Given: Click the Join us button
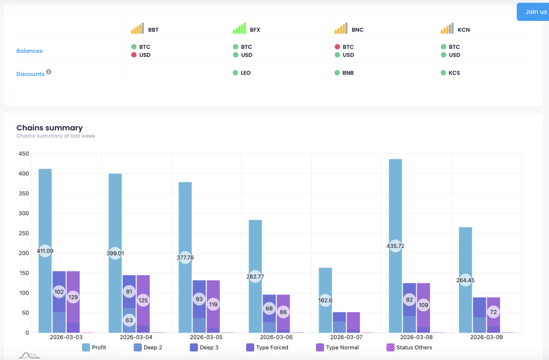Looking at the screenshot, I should pos(536,12).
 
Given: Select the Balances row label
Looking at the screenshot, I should pos(29,51).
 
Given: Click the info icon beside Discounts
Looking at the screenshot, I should pos(49,71).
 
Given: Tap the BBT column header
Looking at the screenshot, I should pos(153,30).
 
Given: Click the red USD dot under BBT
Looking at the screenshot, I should pos(134,55).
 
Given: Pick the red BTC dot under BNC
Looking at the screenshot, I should pos(337,47).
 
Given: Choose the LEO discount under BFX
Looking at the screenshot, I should pos(246,73).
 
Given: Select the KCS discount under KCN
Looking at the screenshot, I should pos(454,73).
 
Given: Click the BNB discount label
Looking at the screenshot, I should pos(348,73).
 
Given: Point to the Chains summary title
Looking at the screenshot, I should pos(49,128).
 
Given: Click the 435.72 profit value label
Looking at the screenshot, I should pos(395,246).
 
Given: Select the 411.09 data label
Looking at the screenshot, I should pos(45,251).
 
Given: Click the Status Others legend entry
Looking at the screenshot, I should pos(409,348).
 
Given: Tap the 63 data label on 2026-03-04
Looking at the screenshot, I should pos(129,321).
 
